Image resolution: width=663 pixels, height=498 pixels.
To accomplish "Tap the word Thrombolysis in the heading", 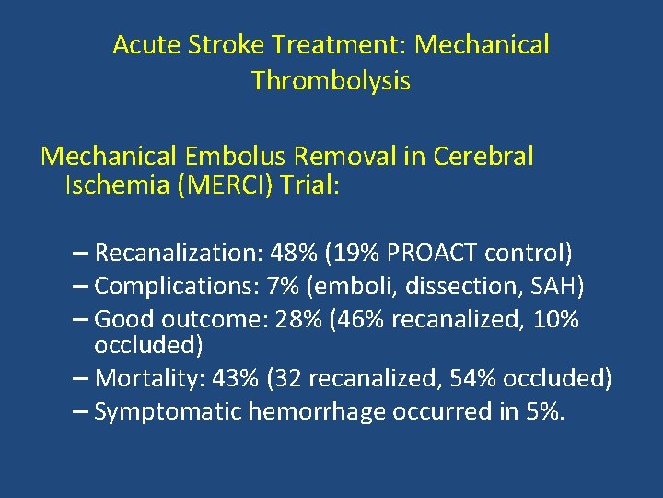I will (331, 81).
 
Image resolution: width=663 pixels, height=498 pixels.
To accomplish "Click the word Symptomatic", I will (168, 411).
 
